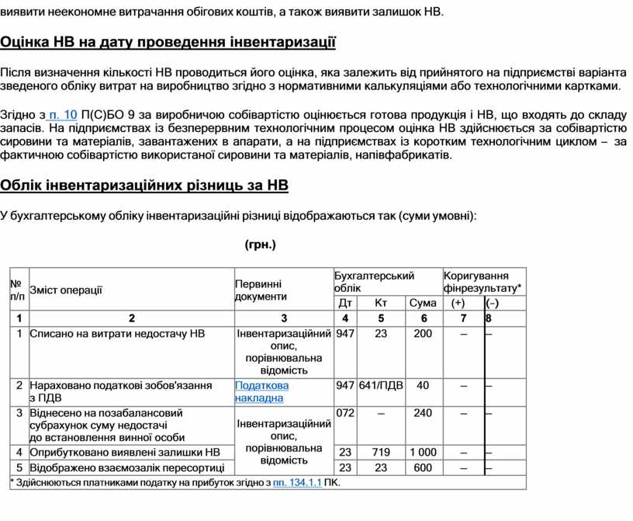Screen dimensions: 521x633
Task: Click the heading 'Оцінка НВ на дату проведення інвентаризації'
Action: [168, 41]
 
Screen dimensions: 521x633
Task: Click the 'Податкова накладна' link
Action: [262, 391]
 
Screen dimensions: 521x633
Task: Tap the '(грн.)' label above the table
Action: [260, 245]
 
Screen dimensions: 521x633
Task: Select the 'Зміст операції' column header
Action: [66, 290]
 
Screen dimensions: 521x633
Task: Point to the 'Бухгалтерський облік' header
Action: [374, 281]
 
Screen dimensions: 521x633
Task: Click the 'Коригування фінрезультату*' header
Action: [483, 281]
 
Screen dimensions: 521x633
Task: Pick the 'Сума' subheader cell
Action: [423, 303]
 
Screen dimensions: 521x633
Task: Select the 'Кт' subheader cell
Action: [380, 303]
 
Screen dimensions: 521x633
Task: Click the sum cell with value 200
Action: [423, 333]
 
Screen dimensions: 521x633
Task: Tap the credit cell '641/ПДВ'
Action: [381, 385]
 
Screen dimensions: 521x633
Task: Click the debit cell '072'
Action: [345, 413]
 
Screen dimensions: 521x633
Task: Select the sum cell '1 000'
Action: [423, 452]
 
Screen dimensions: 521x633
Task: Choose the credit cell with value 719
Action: [381, 452]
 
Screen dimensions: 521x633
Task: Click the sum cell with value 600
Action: [423, 467]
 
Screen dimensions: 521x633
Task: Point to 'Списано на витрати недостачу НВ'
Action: [117, 333]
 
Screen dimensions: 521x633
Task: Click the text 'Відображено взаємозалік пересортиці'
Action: [126, 467]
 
